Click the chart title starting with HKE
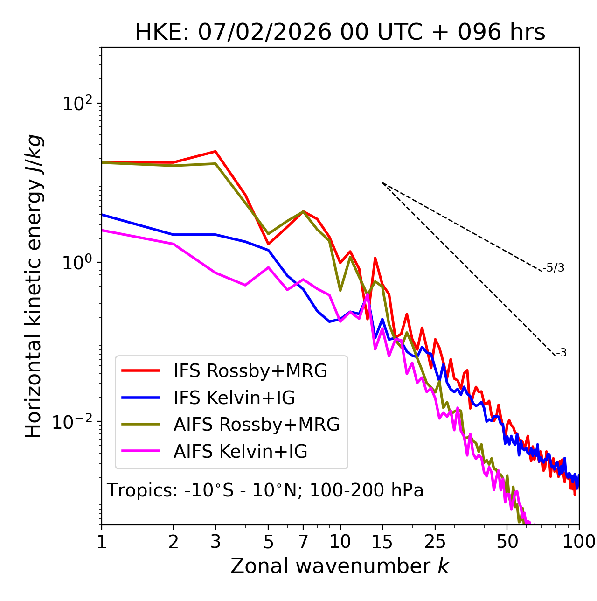click(x=340, y=33)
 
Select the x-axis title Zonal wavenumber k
click(x=340, y=566)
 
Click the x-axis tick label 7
click(x=303, y=542)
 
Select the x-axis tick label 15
click(x=382, y=542)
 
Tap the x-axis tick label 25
click(x=435, y=542)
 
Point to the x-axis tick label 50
click(x=507, y=542)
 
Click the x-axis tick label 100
click(x=579, y=542)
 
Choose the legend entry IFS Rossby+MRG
click(x=250, y=371)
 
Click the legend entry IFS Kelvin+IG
click(x=234, y=398)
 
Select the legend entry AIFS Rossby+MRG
click(x=257, y=425)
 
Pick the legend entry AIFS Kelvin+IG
click(x=240, y=452)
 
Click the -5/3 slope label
click(x=554, y=268)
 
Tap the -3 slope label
click(x=561, y=353)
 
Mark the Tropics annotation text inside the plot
click(x=265, y=490)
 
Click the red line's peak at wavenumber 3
click(x=215, y=151)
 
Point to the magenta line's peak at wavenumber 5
click(x=268, y=267)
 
